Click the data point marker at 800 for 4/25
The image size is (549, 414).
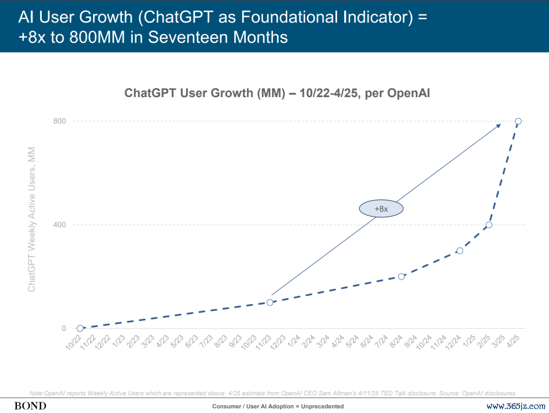518,121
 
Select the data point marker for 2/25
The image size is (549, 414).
489,225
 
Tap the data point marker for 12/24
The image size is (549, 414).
460,251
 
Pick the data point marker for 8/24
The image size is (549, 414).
401,277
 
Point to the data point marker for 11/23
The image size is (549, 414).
270,303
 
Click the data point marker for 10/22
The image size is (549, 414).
80,329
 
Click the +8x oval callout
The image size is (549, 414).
381,209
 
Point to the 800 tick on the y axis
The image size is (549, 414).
60,121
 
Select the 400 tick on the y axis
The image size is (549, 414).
60,225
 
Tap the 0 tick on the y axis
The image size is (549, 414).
64,329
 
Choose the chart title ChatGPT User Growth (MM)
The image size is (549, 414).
277,93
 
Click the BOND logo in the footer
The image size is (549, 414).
30,406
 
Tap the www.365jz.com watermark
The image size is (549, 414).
515,406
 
